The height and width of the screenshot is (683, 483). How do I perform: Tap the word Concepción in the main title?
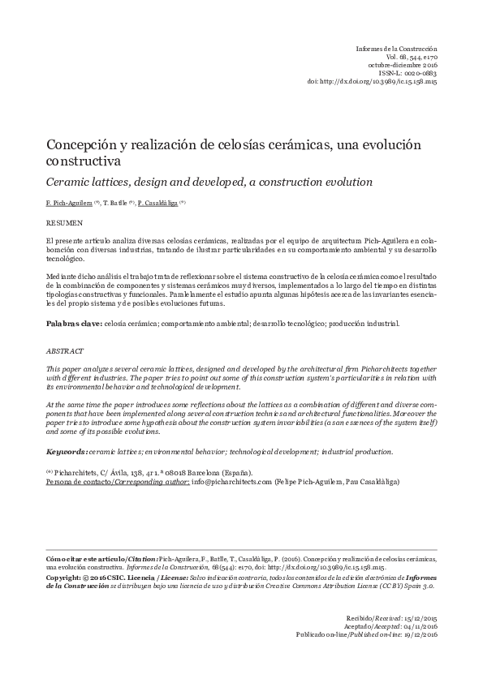click(77, 144)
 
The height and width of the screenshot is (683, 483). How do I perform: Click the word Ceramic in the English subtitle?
click(68, 181)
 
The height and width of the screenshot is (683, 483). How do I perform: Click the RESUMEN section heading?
click(63, 220)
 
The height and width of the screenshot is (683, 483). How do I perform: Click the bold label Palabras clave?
click(72, 324)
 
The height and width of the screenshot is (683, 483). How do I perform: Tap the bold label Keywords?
click(67, 451)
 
